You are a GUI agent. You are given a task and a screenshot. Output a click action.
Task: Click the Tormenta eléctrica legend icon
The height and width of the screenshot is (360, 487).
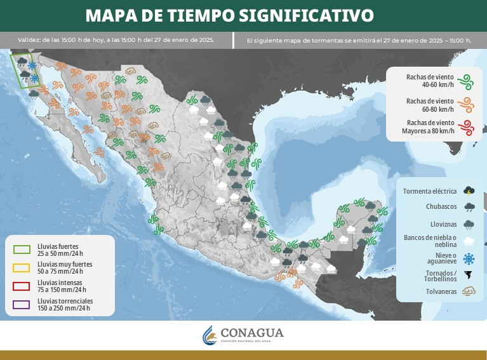(469, 190)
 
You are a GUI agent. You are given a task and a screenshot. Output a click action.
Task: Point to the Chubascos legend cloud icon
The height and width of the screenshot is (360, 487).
(469, 207)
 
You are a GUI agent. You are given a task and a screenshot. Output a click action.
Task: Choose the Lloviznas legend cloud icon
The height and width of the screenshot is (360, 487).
(469, 224)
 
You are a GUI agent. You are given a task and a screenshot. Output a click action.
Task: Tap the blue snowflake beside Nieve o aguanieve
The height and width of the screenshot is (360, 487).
(469, 258)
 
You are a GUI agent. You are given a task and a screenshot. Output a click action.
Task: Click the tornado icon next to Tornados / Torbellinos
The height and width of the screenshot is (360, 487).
(469, 276)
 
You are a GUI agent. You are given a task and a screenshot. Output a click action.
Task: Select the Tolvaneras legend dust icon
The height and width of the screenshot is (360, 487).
(469, 292)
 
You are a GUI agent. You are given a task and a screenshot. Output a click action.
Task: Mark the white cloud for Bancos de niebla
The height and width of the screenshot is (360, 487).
(469, 241)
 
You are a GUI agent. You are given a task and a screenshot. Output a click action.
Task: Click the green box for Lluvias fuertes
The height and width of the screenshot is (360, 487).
(22, 249)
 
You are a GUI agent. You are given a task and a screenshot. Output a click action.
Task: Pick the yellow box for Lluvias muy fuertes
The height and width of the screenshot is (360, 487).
(22, 267)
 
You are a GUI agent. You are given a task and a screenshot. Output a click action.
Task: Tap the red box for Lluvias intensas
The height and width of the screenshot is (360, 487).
(22, 285)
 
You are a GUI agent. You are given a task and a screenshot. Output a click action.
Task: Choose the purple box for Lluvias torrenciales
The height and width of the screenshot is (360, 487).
(22, 303)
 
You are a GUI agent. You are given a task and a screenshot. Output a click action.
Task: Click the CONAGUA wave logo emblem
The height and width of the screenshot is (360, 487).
(210, 335)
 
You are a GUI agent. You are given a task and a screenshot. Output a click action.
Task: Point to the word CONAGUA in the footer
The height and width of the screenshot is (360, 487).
(252, 333)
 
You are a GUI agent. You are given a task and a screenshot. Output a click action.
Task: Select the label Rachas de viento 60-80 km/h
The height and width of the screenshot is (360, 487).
(430, 104)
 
